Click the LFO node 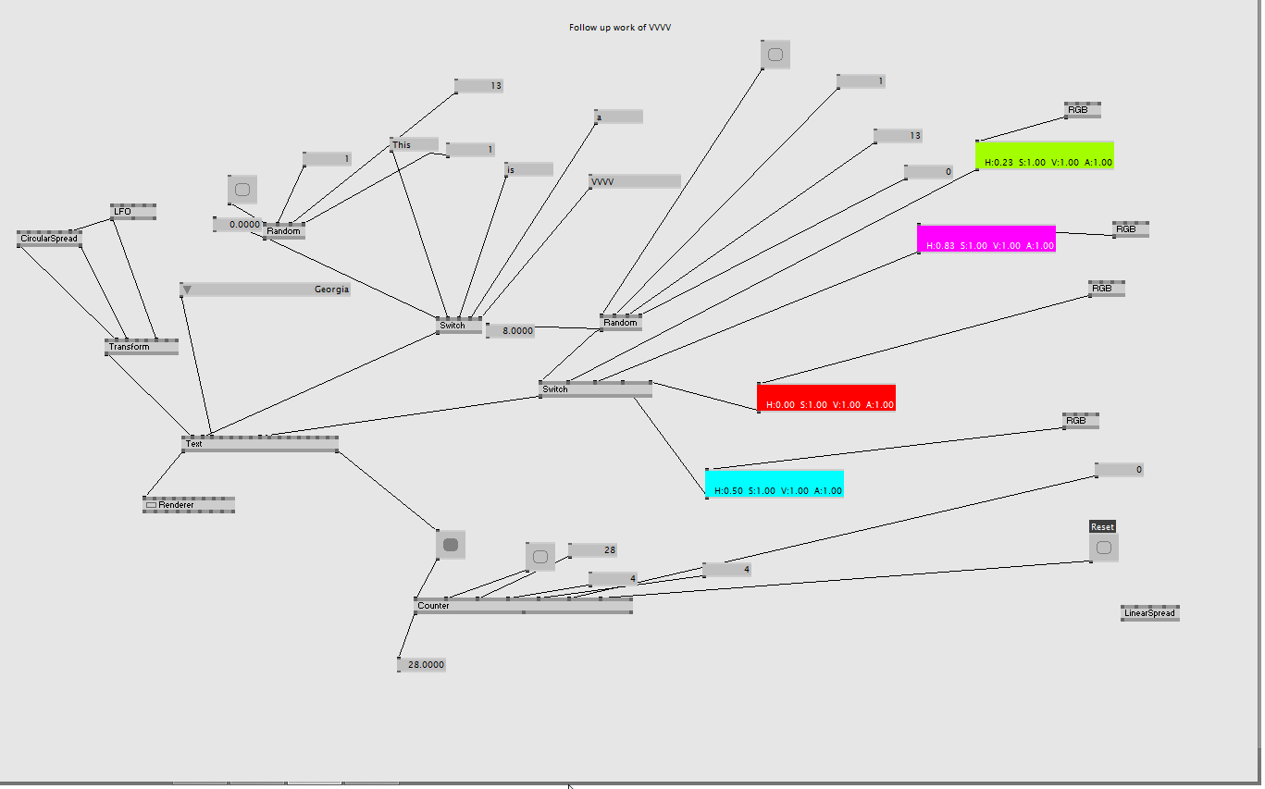pos(133,212)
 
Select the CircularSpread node pos(49,239)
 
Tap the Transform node pos(141,347)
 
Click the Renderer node pos(189,505)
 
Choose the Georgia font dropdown pos(266,290)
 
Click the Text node pos(260,444)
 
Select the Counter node pos(523,606)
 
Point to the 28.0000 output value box pos(422,665)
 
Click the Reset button pos(1103,548)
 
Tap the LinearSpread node pos(1149,613)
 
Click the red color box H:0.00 pos(826,398)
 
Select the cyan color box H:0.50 pos(775,484)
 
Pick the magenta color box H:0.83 pos(986,239)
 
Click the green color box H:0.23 pos(1045,155)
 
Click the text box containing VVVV pos(635,181)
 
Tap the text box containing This pos(414,144)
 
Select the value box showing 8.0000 pos(510,331)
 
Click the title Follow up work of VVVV pos(620,28)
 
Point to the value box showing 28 pos(592,550)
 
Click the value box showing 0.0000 pos(238,225)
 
